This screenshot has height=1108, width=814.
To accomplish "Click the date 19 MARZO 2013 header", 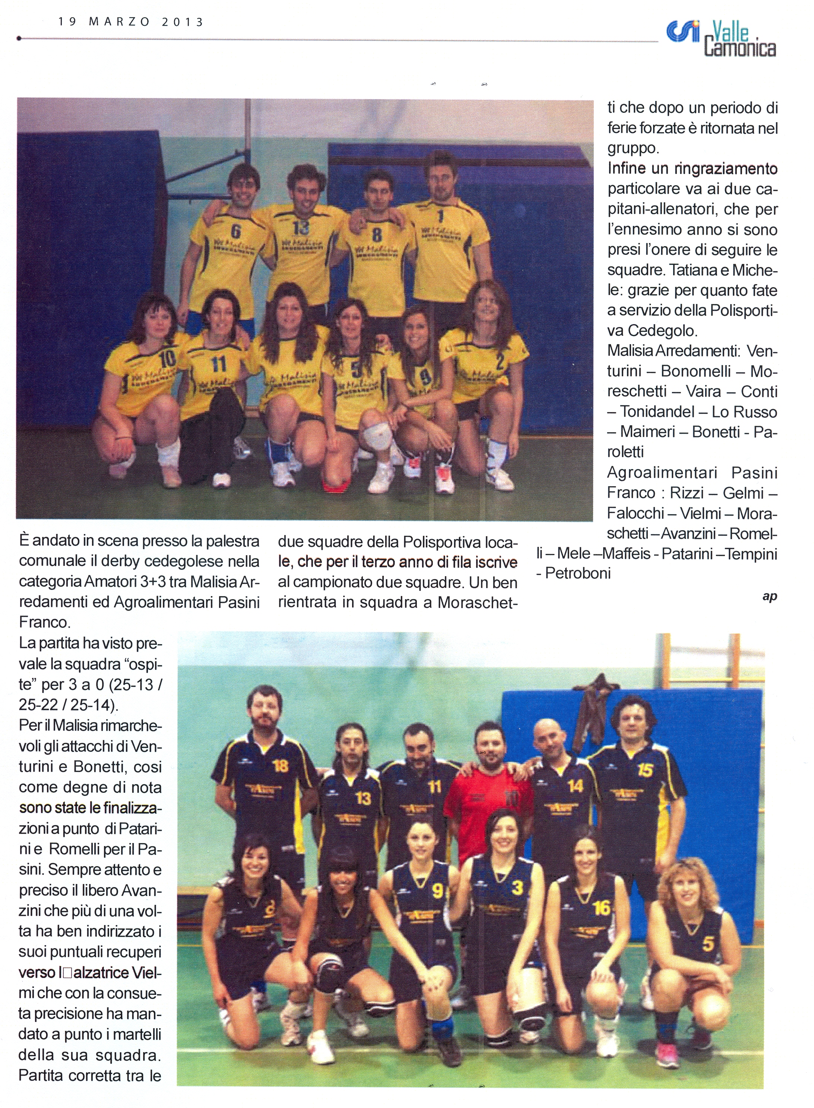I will (x=130, y=22).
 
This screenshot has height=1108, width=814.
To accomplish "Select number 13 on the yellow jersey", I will (x=301, y=228).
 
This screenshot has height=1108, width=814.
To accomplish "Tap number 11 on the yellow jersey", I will (x=219, y=365).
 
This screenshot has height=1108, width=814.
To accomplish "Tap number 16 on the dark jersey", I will (x=601, y=908).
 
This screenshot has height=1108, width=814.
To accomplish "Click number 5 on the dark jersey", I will (x=708, y=944).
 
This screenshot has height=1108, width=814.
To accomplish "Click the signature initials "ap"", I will (x=769, y=596).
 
